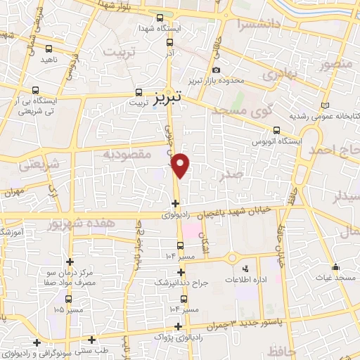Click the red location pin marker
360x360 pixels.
click(x=182, y=165)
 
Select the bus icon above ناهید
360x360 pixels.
click(x=48, y=49)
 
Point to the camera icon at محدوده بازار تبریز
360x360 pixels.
click(x=217, y=70)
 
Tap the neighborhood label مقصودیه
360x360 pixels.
click(x=127, y=154)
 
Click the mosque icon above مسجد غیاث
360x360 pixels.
click(x=335, y=267)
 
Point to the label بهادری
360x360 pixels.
click(x=281, y=72)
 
